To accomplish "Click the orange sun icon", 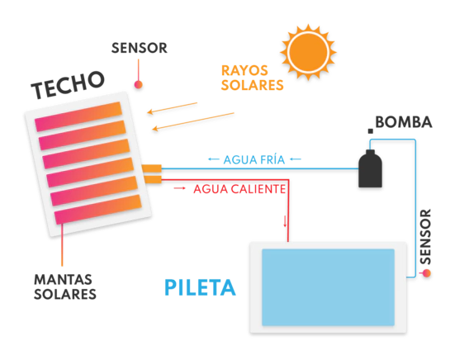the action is point(308,52).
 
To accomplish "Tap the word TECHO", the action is point(68,85).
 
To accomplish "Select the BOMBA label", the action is point(404,122).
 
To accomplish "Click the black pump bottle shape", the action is point(370,168).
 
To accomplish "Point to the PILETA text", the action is point(200,287).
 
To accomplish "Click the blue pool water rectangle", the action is point(328,287).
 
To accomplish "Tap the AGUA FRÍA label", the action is point(254,160).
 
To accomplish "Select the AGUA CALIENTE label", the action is point(239,189).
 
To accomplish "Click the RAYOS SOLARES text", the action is point(253,78).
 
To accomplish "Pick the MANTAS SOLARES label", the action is point(65,287).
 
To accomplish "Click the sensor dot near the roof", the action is point(139,85).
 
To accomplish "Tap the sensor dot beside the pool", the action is point(427,273).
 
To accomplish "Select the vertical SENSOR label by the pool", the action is point(425,237).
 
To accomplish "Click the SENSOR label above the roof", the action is point(140,48).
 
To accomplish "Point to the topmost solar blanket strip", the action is point(78,116).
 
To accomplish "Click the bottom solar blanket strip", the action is point(98,209).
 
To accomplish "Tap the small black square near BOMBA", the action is point(371,131).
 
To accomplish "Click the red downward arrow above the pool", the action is point(285,221).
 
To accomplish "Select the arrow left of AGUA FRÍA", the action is point(214,159).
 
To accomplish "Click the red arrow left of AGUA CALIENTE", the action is point(180,188).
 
